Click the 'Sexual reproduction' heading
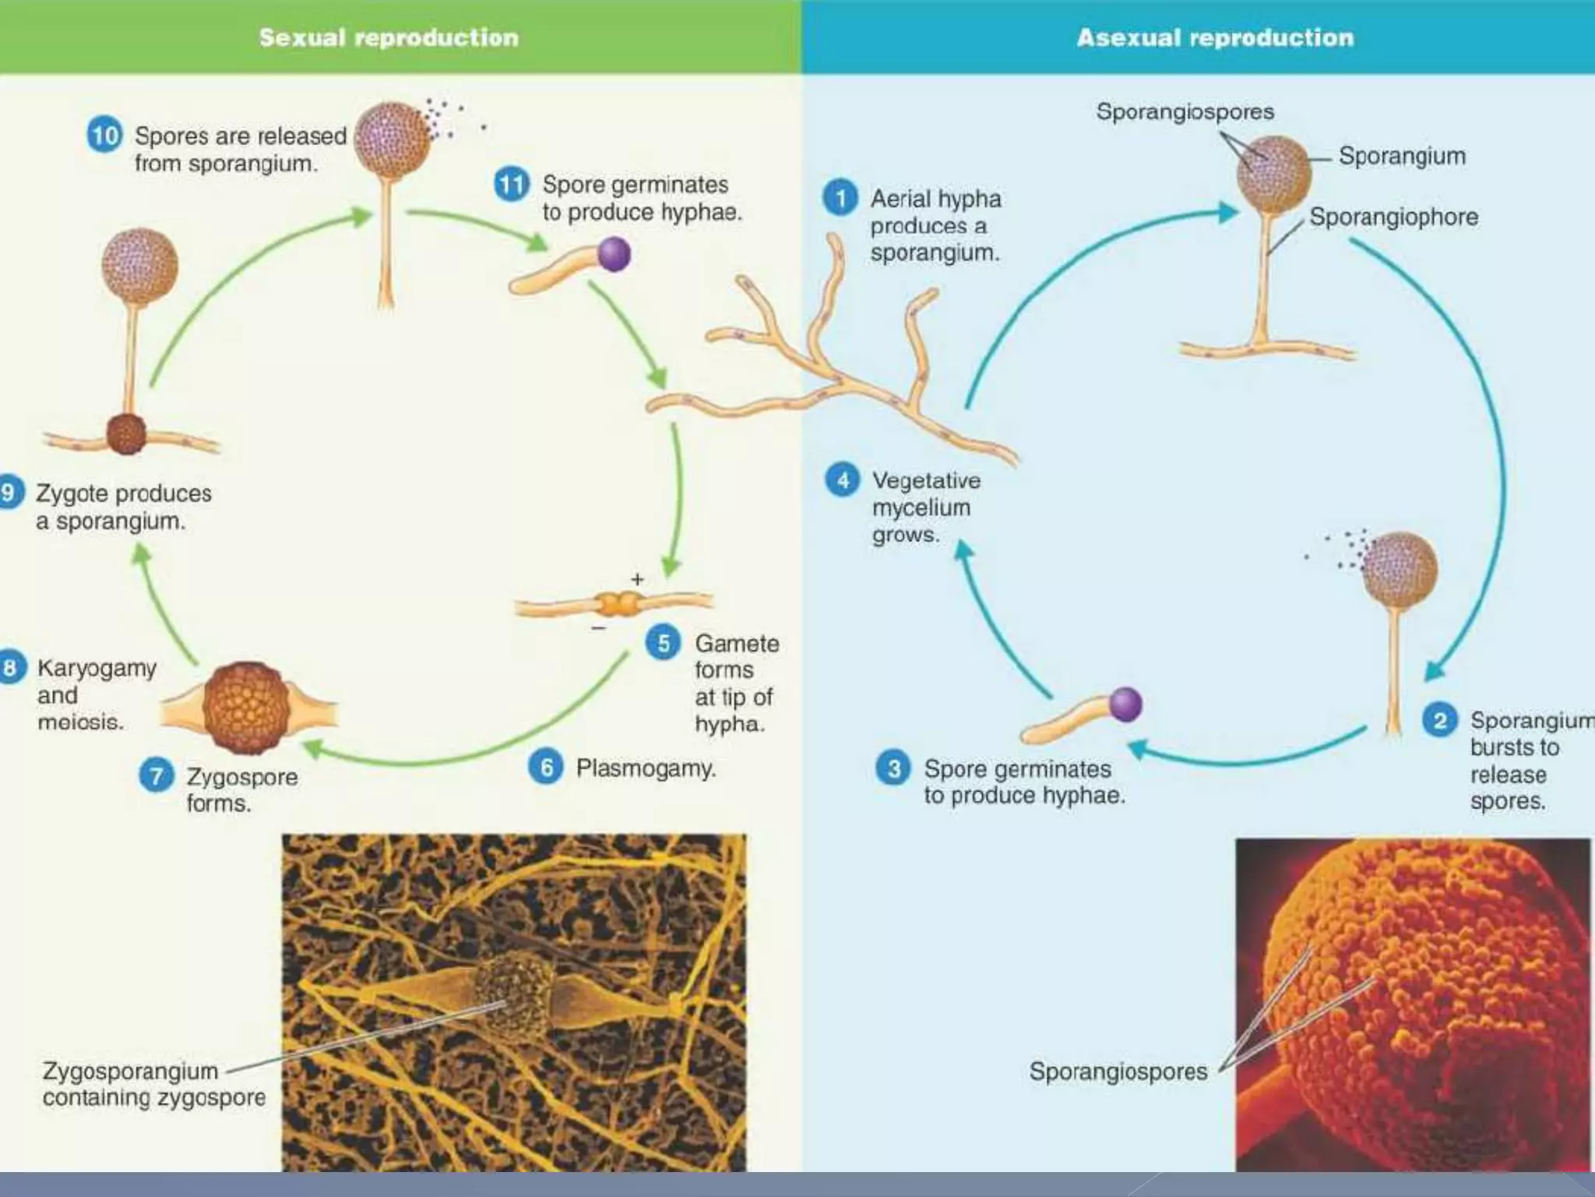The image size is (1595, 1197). click(x=389, y=37)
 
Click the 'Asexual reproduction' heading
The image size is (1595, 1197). click(x=1215, y=37)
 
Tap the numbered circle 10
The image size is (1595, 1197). click(x=104, y=135)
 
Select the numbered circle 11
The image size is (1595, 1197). click(x=512, y=185)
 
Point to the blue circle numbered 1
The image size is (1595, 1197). click(x=840, y=198)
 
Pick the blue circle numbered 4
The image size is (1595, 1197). click(x=843, y=480)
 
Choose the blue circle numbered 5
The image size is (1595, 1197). click(x=664, y=643)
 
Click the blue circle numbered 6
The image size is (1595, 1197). click(x=546, y=768)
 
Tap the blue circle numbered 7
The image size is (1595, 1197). click(x=157, y=776)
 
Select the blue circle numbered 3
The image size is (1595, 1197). click(x=894, y=768)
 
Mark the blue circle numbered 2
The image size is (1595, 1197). click(x=1440, y=719)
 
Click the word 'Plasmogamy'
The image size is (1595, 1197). click(x=645, y=768)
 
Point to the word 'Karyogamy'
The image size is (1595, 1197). click(x=97, y=669)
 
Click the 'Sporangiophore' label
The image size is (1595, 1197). click(x=1393, y=217)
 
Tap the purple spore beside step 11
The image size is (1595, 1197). click(x=614, y=254)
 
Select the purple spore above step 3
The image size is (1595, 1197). click(x=1125, y=704)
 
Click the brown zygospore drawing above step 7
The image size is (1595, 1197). click(x=247, y=708)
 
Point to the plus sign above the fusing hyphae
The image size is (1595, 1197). click(x=638, y=579)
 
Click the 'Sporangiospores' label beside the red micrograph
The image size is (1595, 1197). click(x=1118, y=1071)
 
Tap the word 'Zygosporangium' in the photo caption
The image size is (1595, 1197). click(x=130, y=1071)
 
